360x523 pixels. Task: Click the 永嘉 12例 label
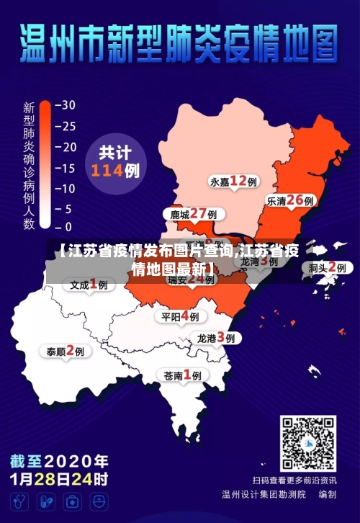pos(233,181)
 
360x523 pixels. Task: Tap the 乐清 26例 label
pos(290,200)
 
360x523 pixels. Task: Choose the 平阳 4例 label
pos(181,316)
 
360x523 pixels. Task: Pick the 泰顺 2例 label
pos(66,351)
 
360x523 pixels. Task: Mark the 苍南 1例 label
pos(182,375)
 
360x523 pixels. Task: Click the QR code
pos(307,442)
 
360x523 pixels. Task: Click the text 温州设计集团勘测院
pos(264,495)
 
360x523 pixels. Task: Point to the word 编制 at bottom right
pos(328,495)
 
